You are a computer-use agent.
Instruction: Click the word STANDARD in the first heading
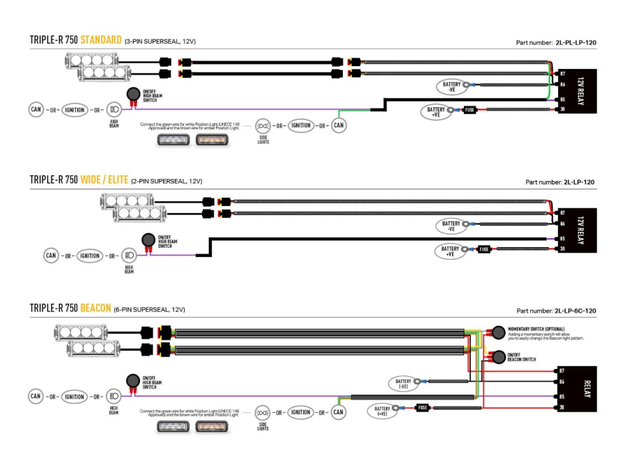[x=101, y=40]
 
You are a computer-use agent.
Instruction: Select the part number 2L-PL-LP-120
[x=575, y=42]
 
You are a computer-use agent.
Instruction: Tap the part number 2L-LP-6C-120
[x=575, y=311]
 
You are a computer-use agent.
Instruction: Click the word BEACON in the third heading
[x=96, y=308]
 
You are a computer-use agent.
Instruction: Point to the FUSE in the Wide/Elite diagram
[x=483, y=249]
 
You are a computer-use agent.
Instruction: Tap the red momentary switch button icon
[x=499, y=332]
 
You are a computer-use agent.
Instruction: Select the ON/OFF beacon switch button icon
[x=499, y=357]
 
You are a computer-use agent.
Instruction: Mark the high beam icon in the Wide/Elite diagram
[x=129, y=256]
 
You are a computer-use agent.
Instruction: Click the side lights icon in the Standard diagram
[x=263, y=126]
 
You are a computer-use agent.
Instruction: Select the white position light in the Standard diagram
[x=170, y=139]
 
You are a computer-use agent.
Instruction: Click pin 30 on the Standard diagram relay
[x=561, y=109]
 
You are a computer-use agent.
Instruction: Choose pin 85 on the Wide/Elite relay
[x=561, y=239]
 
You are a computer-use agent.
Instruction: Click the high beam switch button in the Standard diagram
[x=132, y=95]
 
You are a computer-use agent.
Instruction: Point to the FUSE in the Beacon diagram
[x=421, y=407]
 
